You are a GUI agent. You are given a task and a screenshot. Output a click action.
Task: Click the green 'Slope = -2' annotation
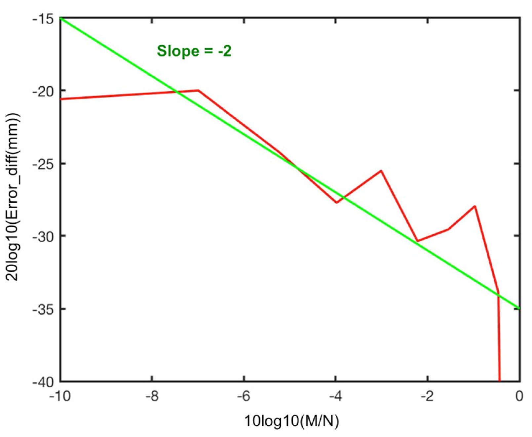pos(194,51)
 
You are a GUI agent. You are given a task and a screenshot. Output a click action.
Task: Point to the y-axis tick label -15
pos(43,19)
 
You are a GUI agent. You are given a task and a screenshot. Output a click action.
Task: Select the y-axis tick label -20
pos(43,91)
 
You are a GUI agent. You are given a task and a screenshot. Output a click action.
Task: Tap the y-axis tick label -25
pos(43,164)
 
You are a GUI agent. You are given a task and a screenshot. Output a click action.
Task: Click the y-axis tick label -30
pos(43,236)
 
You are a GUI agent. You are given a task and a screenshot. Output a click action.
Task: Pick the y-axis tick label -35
pos(43,309)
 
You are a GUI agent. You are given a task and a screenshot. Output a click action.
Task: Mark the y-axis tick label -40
pos(43,382)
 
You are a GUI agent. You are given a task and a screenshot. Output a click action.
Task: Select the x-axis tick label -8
pos(152,396)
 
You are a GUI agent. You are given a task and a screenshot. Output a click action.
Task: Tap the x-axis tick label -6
pos(244,396)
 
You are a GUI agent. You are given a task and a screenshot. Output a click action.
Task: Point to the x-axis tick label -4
pos(336,396)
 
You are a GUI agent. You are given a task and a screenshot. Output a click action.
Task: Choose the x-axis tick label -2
pos(428,396)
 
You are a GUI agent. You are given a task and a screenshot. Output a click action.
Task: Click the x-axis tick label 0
pos(519,396)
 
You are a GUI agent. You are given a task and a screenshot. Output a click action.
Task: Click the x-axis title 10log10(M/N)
pos(291,421)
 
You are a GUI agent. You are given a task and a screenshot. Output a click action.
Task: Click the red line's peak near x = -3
pos(381,171)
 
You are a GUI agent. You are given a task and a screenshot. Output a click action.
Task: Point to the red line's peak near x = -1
pos(475,206)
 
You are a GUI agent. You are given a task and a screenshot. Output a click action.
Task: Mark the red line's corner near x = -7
pos(198,90)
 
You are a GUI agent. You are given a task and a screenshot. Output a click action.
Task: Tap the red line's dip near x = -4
pos(336,203)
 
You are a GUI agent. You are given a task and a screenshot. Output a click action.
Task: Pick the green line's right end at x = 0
pos(519,308)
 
